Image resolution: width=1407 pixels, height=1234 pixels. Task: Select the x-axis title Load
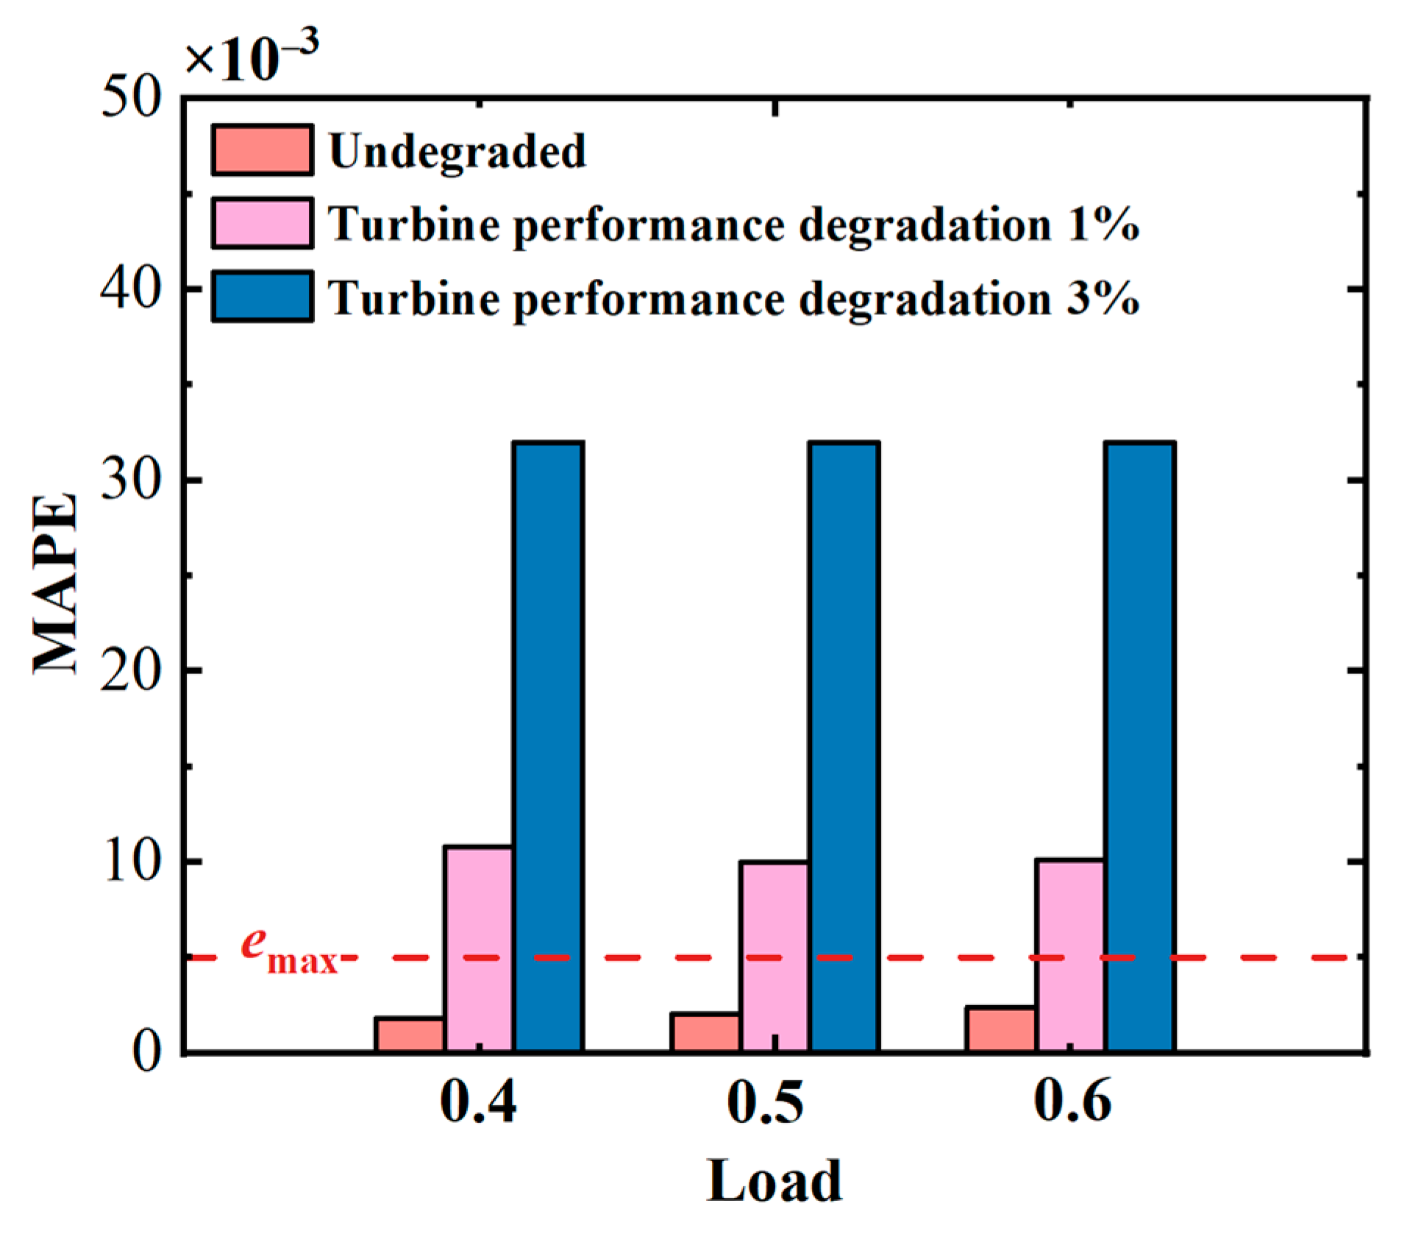pyautogui.click(x=774, y=1181)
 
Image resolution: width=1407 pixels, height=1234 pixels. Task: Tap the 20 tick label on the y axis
pyautogui.click(x=132, y=670)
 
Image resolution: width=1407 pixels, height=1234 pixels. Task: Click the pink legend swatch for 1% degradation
pyautogui.click(x=262, y=222)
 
